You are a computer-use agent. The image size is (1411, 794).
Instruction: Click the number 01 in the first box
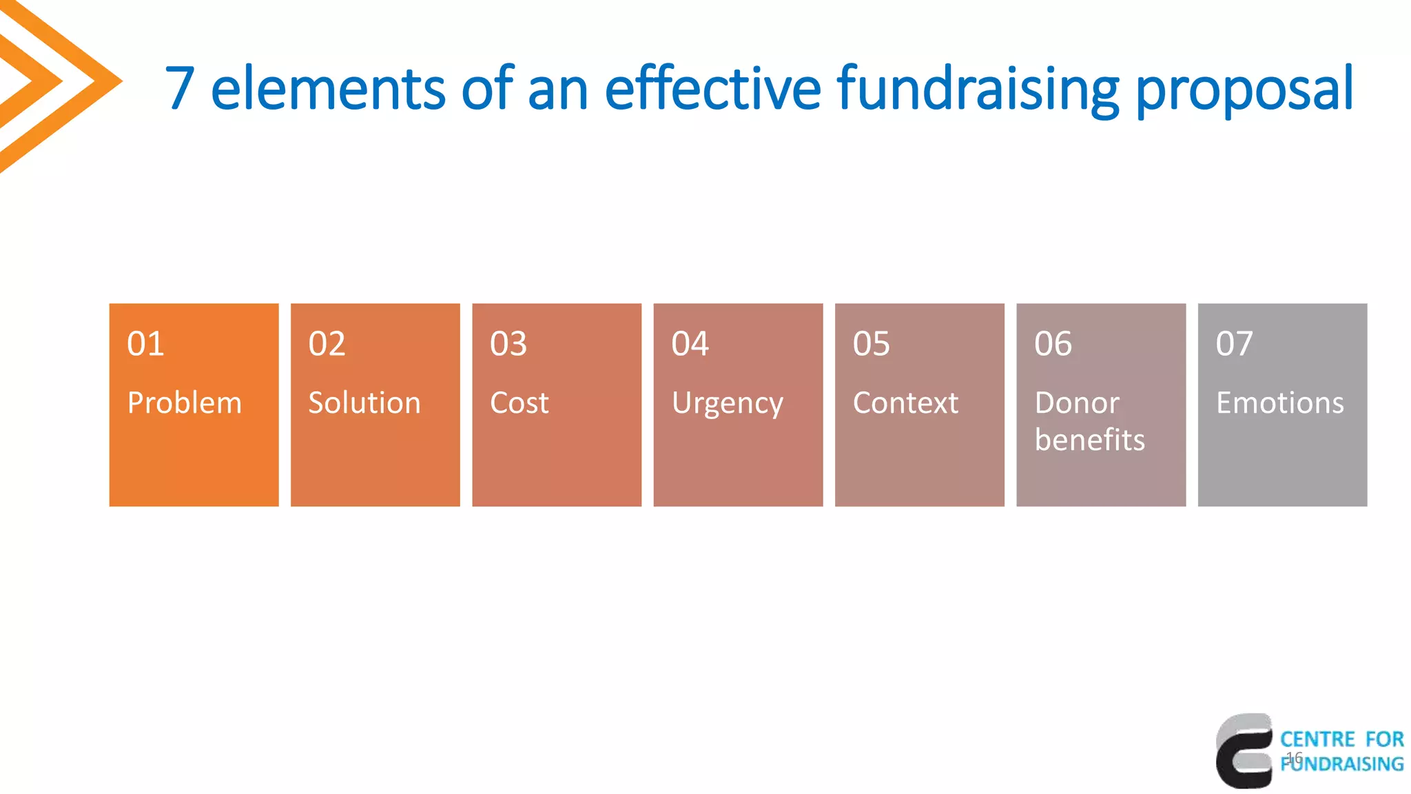tap(145, 343)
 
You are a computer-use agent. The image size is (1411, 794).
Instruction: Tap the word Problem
tap(185, 403)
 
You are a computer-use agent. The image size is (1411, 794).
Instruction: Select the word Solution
tap(364, 403)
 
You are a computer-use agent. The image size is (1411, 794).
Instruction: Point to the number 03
tap(508, 343)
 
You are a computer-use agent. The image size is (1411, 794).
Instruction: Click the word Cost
tap(519, 403)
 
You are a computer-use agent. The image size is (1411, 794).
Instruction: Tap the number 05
tap(872, 343)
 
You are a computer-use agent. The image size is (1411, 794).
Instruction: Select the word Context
tap(905, 403)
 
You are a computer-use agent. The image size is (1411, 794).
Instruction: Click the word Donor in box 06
tap(1077, 403)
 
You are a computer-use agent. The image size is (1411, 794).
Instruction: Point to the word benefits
tap(1089, 440)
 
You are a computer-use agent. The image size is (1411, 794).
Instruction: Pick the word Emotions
tap(1279, 403)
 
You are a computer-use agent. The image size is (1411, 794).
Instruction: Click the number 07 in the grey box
tap(1234, 343)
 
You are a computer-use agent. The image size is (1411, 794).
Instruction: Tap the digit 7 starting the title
tap(179, 88)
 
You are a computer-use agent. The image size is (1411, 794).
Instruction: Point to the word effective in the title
tap(713, 88)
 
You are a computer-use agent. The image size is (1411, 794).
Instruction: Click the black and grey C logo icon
tap(1244, 751)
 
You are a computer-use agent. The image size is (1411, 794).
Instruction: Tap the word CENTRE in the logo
tap(1317, 740)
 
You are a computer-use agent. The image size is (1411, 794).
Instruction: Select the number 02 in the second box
tap(327, 343)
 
